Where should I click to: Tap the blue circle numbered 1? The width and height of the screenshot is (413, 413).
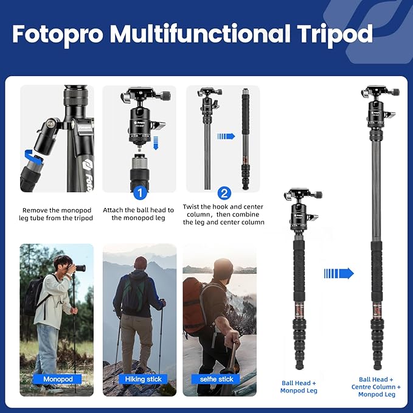point(139,193)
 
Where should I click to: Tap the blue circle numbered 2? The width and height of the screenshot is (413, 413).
point(224,193)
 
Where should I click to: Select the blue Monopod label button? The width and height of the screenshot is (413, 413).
point(58,379)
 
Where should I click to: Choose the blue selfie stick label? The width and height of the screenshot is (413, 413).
point(217,379)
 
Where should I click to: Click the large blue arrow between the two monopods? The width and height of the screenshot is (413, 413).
point(339,273)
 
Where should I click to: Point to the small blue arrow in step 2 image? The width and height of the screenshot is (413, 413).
point(226,136)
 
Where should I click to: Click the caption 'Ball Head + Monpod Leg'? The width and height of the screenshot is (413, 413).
point(299,387)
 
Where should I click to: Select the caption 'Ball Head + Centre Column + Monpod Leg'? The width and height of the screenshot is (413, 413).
point(376,387)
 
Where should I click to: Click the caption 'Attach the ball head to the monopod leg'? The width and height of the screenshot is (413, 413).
point(139,213)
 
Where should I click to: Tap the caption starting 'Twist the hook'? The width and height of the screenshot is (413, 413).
point(223,214)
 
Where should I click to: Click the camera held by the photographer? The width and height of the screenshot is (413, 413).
point(78,268)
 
